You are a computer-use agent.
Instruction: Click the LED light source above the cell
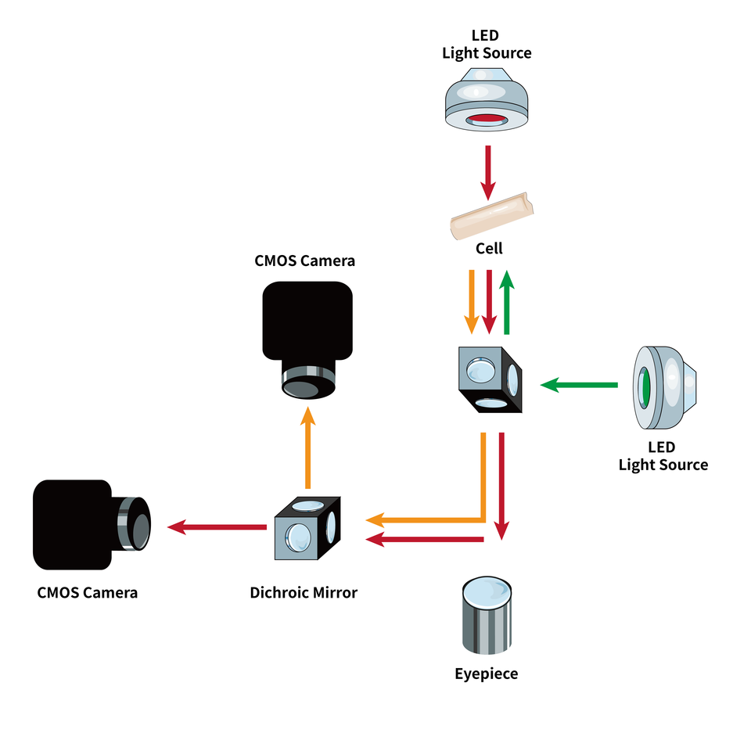point(487,99)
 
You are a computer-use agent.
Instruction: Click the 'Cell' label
point(489,249)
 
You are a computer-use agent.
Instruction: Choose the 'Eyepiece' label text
point(486,674)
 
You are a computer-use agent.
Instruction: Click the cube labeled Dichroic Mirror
point(307,529)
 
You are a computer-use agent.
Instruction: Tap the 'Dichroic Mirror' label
point(304,593)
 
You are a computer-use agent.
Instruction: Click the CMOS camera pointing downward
point(307,336)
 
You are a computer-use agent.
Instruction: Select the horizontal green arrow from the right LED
point(579,385)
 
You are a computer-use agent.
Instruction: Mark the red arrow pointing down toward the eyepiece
point(501,485)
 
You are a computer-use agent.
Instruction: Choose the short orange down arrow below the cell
point(471,300)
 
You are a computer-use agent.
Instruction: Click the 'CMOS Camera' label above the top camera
point(304,261)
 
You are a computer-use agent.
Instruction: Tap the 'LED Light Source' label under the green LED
point(663,457)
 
